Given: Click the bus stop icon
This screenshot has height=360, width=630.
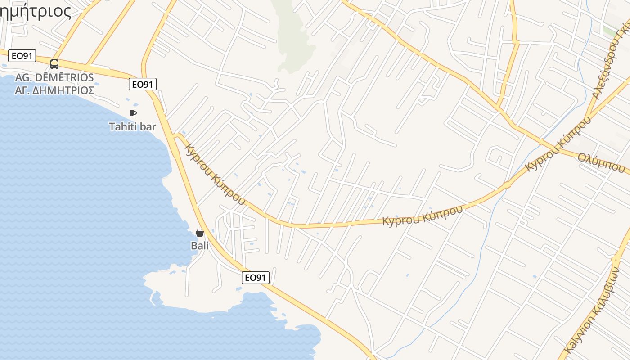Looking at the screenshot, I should [x=54, y=64].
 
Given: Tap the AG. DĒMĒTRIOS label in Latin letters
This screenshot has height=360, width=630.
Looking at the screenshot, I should [x=54, y=77].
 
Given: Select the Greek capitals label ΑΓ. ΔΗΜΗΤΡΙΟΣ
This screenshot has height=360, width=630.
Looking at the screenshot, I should [x=54, y=90].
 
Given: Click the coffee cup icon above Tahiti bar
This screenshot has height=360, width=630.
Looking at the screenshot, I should [x=132, y=113].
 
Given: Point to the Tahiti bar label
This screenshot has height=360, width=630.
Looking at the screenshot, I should [x=132, y=126].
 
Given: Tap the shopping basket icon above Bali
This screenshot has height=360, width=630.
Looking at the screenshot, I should [x=200, y=233].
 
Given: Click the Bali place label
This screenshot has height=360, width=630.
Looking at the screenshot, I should [x=200, y=246].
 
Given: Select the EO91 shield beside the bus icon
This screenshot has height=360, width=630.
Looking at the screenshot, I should [x=22, y=56].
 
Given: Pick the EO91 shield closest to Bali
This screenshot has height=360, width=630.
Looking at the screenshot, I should [x=256, y=278].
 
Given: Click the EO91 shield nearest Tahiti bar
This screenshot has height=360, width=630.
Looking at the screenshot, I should [x=142, y=84].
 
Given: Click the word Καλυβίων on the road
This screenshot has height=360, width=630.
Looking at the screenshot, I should [x=608, y=292].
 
